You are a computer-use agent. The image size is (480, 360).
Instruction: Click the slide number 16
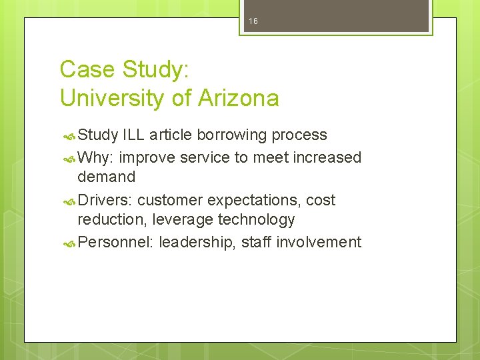click(253, 22)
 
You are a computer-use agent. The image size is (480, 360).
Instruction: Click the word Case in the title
click(83, 69)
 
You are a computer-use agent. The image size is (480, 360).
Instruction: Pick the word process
click(299, 135)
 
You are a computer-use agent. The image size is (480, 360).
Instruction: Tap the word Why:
click(96, 158)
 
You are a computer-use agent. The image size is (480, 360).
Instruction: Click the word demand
click(106, 177)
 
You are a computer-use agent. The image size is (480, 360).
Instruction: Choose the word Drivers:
click(105, 201)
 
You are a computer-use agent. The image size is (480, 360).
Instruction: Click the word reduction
click(112, 220)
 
